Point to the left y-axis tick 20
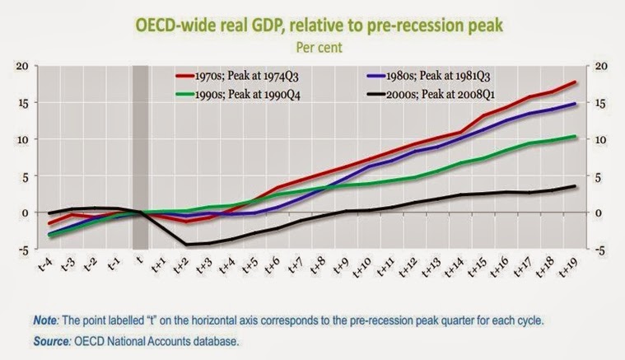point(23,66)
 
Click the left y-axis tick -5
point(23,249)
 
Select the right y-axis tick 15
point(601,102)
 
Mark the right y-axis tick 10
point(601,139)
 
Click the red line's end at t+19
point(574,82)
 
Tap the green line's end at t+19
point(574,136)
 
